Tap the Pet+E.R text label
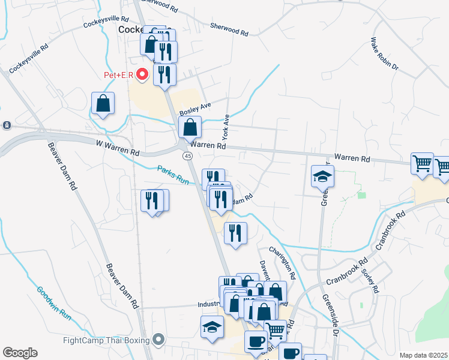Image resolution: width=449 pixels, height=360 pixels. [118, 76]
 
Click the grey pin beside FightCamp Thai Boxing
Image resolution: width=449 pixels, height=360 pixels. [158, 340]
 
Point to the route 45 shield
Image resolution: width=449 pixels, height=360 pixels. [188, 156]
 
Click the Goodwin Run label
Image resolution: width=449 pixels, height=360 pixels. [54, 302]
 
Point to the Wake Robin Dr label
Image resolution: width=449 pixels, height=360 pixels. [384, 55]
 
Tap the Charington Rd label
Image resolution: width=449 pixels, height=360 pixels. [282, 262]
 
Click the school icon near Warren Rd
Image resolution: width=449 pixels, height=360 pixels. [322, 176]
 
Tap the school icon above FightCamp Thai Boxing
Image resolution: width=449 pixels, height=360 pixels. [212, 327]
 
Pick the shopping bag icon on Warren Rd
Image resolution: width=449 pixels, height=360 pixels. [190, 127]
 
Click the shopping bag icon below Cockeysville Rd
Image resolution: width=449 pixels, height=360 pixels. [103, 103]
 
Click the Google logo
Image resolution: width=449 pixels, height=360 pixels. [19, 353]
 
